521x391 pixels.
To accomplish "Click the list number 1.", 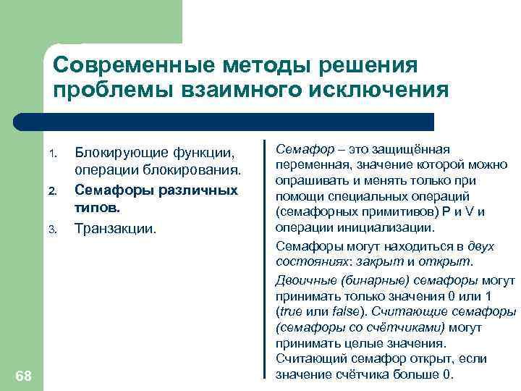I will click(x=51, y=154).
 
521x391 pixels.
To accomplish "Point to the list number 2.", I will click(x=51, y=192).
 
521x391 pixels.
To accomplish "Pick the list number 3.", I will click(x=51, y=230).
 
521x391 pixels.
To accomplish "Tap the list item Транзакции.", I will click(x=115, y=228).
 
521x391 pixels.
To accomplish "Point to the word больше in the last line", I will click(x=417, y=374).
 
